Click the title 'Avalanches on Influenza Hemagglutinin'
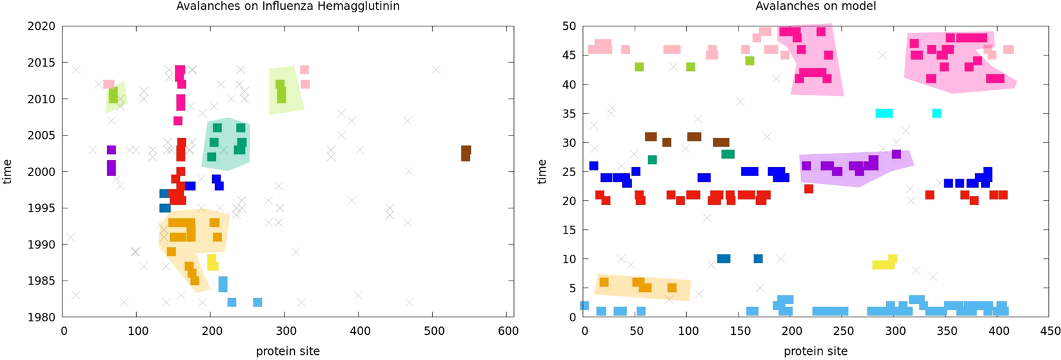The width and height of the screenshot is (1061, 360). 288,6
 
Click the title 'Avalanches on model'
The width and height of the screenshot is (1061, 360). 815,6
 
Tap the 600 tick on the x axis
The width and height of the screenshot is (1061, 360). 507,331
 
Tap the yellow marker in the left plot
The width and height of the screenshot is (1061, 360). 212,262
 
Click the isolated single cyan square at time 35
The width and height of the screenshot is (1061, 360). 937,114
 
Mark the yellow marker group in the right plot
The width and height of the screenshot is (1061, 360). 884,263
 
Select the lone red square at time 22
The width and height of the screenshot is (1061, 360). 809,189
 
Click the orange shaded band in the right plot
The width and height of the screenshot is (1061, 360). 642,287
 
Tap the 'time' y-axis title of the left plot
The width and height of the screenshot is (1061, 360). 8,172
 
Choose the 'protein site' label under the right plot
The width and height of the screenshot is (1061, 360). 815,352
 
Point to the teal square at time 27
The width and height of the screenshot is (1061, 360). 652,160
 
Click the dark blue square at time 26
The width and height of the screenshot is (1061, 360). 594,166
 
